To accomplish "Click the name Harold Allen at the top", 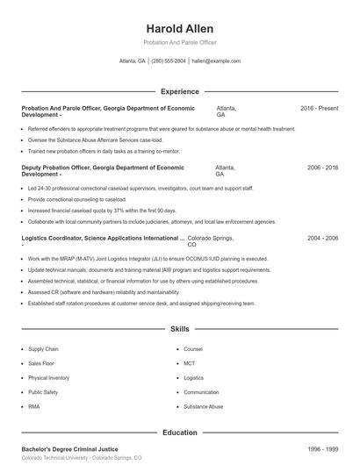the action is click(x=179, y=28).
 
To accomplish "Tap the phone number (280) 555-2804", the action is click(x=169, y=61).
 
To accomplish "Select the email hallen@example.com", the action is click(x=216, y=61).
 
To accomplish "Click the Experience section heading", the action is click(x=179, y=91).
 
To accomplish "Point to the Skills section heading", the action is click(x=179, y=329).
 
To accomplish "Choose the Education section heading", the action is click(x=179, y=433).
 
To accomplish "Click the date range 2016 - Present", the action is click(x=319, y=108).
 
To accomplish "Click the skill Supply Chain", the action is click(x=43, y=349).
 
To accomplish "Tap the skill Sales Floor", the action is click(x=41, y=363).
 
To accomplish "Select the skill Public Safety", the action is click(x=43, y=392).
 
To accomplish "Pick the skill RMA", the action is click(x=34, y=407).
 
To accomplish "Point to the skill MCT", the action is click(x=189, y=363).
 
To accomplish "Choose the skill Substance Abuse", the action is click(x=203, y=407).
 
